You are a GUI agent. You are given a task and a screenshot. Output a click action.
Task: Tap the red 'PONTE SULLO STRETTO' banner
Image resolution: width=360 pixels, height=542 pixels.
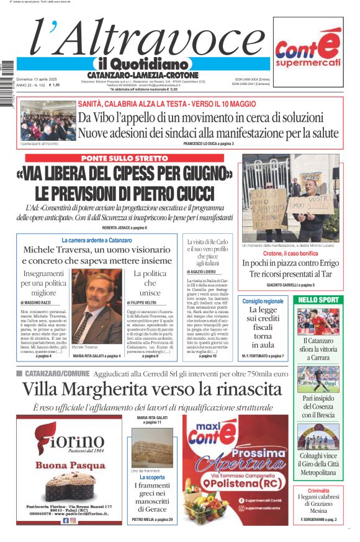pos(124,159)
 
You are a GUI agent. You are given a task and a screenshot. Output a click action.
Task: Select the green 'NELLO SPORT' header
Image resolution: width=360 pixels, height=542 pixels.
pos(318,300)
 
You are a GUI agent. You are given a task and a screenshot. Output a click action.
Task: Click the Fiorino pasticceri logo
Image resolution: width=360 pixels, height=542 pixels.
pos(69,442)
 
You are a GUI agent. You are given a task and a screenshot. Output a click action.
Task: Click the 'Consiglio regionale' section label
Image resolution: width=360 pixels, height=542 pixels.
pos(262,301)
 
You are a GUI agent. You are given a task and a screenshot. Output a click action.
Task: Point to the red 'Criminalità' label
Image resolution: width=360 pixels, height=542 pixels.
pos(318,491)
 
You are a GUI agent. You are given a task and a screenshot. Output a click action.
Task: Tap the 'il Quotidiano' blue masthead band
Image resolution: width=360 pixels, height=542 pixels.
pos(142,64)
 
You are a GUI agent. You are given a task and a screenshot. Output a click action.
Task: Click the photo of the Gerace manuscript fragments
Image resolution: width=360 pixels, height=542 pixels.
pos(152,448)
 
